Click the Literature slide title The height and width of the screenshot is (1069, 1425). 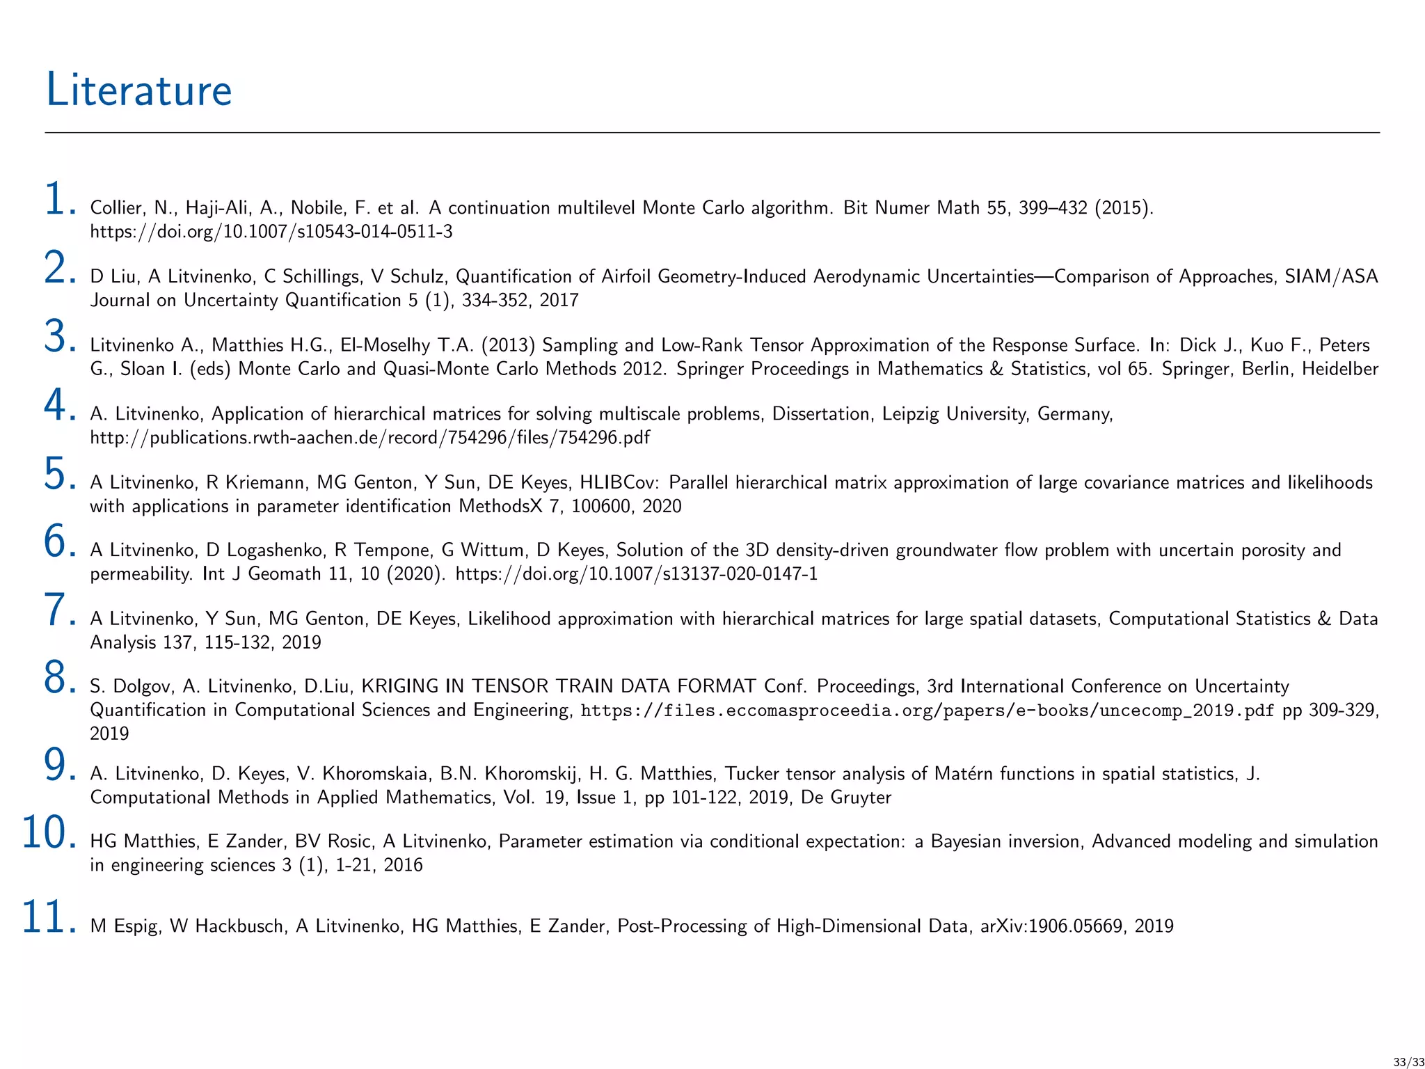138,90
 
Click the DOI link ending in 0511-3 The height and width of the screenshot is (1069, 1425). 271,231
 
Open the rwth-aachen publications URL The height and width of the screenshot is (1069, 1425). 370,437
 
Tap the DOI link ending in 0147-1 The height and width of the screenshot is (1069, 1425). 636,573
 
